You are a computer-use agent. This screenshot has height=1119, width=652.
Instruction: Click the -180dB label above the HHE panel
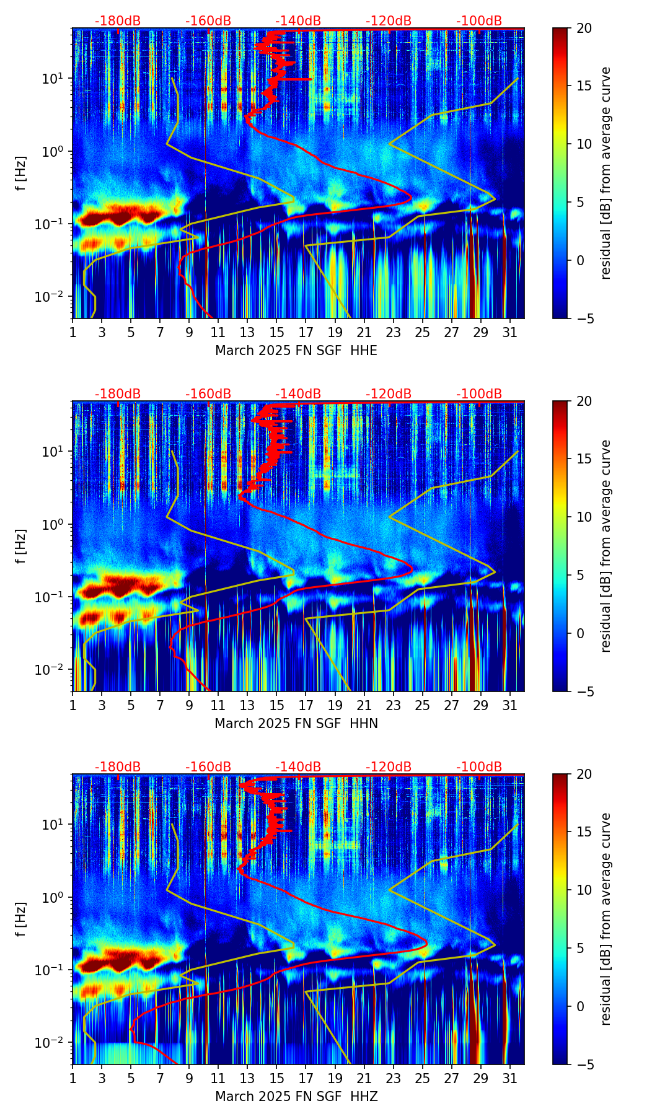click(118, 21)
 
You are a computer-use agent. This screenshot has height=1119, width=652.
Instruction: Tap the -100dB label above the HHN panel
click(479, 394)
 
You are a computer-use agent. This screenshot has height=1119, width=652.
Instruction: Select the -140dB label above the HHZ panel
click(298, 767)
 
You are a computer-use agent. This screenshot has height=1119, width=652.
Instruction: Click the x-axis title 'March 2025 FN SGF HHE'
click(296, 351)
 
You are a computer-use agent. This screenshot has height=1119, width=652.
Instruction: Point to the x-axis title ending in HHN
click(296, 724)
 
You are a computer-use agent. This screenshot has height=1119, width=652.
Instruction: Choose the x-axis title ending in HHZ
click(296, 1097)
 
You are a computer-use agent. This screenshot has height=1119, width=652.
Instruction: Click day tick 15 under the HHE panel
click(277, 331)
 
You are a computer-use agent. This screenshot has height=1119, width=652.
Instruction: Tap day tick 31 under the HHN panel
click(510, 704)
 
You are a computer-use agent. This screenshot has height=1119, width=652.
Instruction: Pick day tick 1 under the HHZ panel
click(73, 1077)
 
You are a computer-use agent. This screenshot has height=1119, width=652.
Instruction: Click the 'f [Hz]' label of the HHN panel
click(21, 546)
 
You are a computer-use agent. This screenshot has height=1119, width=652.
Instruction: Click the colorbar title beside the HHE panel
click(606, 173)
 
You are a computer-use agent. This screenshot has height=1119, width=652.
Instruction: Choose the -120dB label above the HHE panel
click(389, 21)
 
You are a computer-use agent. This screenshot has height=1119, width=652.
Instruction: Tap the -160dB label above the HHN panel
click(208, 394)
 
